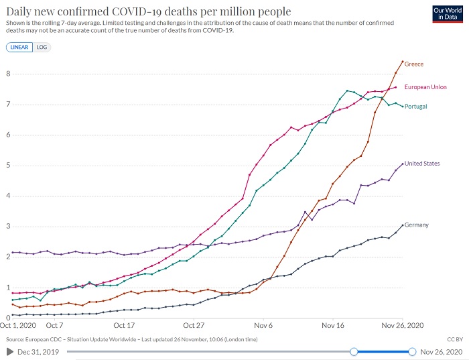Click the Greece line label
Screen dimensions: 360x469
(x=414, y=64)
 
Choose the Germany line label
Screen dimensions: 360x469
(x=417, y=225)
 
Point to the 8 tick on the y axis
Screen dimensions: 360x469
(x=7, y=74)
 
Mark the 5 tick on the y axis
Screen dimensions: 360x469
(x=7, y=166)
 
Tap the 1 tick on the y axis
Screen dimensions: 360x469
(x=7, y=288)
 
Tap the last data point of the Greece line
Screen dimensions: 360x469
(x=402, y=62)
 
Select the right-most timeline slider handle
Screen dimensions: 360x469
(x=411, y=351)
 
